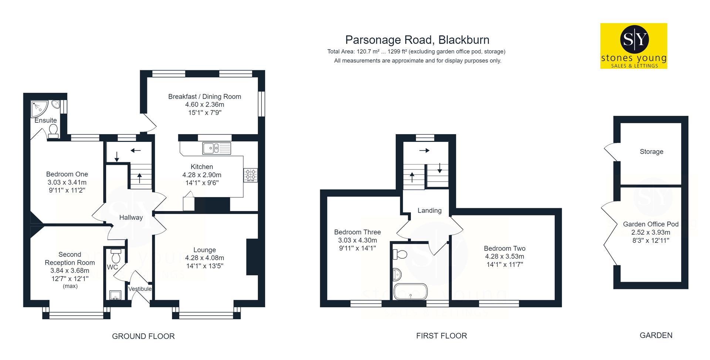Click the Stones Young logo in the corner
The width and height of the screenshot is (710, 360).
(633, 46)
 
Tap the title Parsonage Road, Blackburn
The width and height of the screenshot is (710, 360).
(417, 40)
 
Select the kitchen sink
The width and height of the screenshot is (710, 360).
(216, 148)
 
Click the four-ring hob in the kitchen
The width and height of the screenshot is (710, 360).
(250, 175)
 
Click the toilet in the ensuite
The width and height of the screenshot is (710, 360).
(53, 131)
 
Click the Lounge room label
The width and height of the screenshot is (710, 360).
(204, 250)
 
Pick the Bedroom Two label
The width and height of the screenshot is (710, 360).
(504, 248)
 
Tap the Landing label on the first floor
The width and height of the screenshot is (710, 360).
(429, 211)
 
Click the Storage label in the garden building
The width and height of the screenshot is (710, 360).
(652, 152)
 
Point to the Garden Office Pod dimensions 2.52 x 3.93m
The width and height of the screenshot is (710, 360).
(650, 232)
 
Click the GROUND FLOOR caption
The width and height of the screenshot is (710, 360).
(143, 336)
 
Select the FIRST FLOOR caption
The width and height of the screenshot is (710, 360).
(442, 336)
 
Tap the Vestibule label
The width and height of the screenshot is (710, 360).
(140, 289)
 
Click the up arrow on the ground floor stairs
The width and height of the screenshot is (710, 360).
(139, 178)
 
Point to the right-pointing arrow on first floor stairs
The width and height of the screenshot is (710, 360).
(425, 150)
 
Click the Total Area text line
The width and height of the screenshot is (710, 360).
(416, 52)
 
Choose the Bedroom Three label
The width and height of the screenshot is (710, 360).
(357, 232)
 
